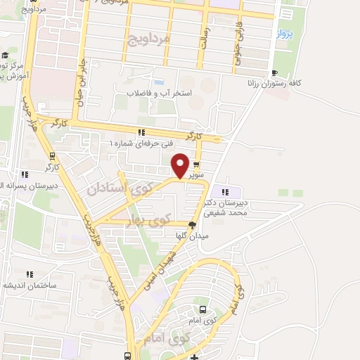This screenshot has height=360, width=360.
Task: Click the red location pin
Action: (x=180, y=166)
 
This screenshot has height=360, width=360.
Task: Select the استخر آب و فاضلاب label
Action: (x=160, y=92)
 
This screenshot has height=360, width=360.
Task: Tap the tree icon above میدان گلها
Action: (x=192, y=225)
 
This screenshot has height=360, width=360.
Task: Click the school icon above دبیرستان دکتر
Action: (x=226, y=191)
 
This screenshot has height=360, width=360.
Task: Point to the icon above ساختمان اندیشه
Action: (x=30, y=274)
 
